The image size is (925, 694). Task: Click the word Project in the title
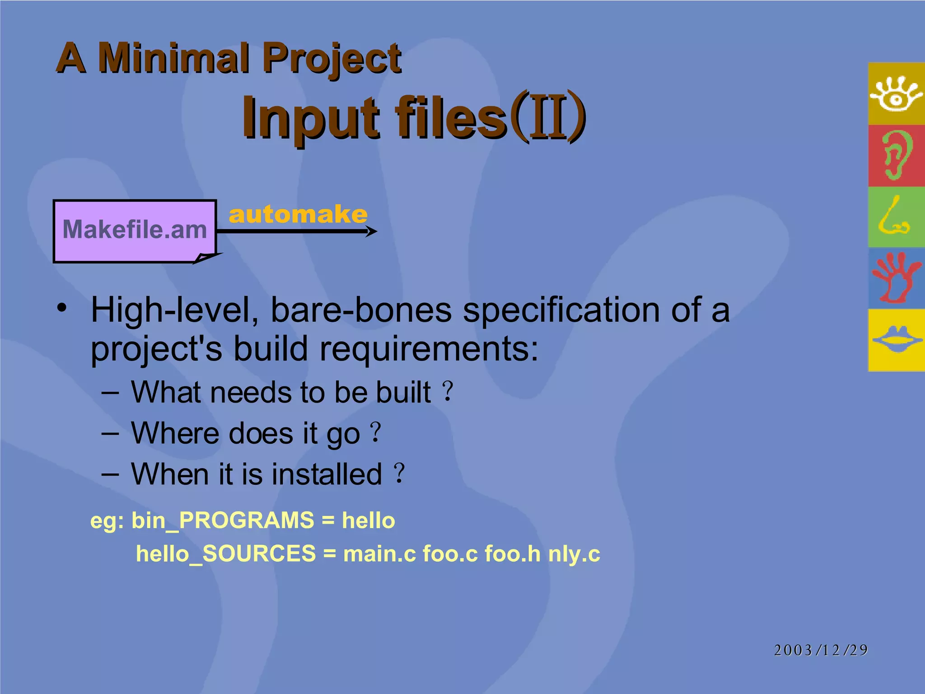click(332, 59)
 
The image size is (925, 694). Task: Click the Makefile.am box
click(135, 230)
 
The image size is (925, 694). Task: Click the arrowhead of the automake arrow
click(372, 232)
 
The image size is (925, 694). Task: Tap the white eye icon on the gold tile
click(896, 94)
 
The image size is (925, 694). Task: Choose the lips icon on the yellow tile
click(897, 339)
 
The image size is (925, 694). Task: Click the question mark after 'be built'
click(448, 391)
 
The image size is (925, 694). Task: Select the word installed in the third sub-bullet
click(327, 474)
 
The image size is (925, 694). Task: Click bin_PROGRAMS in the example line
click(223, 520)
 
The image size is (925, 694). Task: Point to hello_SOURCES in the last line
click(226, 554)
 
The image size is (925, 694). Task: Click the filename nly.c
click(574, 554)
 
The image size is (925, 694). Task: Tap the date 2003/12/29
click(821, 650)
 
